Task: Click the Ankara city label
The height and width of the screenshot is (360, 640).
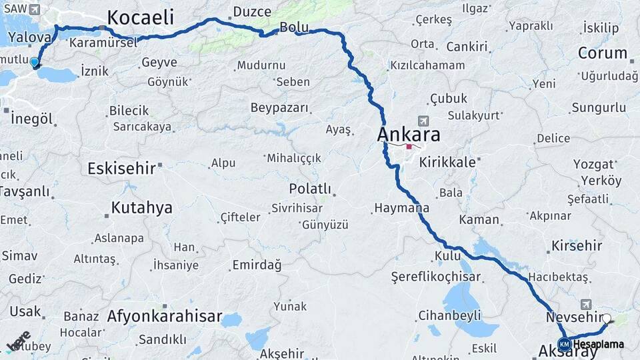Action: tap(409, 135)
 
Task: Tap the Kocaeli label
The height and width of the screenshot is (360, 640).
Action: tap(140, 18)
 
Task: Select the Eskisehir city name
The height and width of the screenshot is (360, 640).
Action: tap(121, 168)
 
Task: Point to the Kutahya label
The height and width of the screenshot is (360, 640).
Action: tap(141, 207)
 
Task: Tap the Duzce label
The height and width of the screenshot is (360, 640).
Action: tap(251, 12)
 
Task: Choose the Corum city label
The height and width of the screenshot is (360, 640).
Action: tap(602, 53)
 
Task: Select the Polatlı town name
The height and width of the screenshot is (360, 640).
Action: tap(310, 189)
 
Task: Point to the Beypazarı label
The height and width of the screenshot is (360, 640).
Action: tap(279, 107)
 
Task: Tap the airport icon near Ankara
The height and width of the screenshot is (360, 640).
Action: tap(423, 121)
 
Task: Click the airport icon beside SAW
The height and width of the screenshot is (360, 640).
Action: tap(35, 9)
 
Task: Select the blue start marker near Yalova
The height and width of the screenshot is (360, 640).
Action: tap(35, 63)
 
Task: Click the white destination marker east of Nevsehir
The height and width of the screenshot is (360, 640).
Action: tap(606, 319)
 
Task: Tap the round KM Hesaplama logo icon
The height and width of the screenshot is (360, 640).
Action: tap(564, 344)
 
